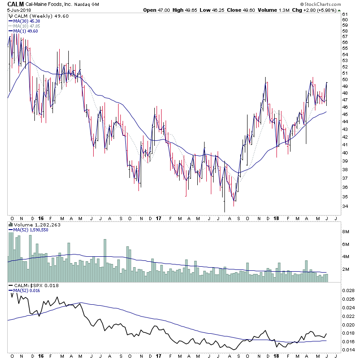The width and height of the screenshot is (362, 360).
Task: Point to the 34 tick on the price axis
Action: (x=345, y=206)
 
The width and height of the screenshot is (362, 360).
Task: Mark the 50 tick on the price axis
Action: (x=345, y=80)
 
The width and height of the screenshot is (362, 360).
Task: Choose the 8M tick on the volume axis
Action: (x=346, y=231)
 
